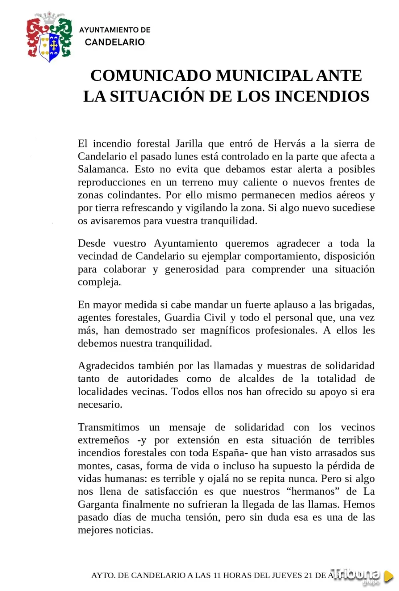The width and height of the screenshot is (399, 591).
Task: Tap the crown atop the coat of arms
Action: pyautogui.click(x=50, y=17)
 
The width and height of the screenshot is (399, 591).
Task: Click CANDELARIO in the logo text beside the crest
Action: pyautogui.click(x=114, y=42)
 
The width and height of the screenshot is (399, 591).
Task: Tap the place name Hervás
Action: pyautogui.click(x=289, y=143)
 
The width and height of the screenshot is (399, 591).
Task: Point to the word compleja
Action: pyautogui.click(x=99, y=282)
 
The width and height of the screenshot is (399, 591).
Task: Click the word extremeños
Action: pyautogui.click(x=103, y=440)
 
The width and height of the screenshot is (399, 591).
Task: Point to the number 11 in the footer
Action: pyautogui.click(x=217, y=575)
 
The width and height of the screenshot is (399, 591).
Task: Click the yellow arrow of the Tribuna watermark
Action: pyautogui.click(x=388, y=576)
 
